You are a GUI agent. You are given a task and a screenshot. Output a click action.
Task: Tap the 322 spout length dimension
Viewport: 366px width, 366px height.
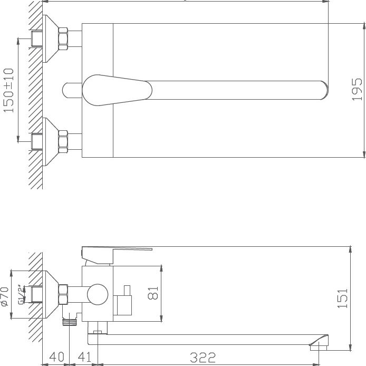pyautogui.click(x=203, y=358)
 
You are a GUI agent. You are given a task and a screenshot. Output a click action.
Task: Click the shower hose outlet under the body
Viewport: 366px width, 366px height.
pyautogui.click(x=69, y=320)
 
